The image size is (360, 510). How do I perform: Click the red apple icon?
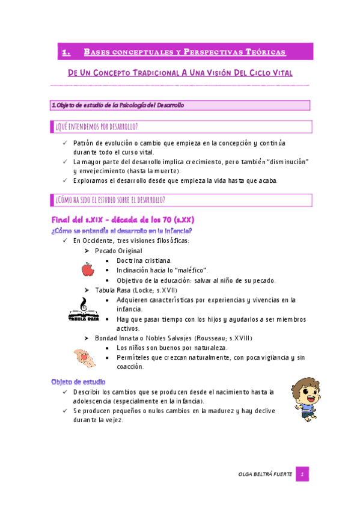point(88,270)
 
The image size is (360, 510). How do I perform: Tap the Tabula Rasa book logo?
point(84,309)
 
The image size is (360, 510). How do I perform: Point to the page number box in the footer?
point(304,474)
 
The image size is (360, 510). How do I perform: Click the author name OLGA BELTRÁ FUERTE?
point(265,475)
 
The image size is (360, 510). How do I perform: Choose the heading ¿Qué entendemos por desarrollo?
point(96,126)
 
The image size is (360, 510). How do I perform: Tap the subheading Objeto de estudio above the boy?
point(79,381)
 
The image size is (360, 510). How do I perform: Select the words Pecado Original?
point(118,250)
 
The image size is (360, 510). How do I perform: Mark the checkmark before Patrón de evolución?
point(66,143)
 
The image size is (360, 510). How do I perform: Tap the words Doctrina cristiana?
point(144,260)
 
